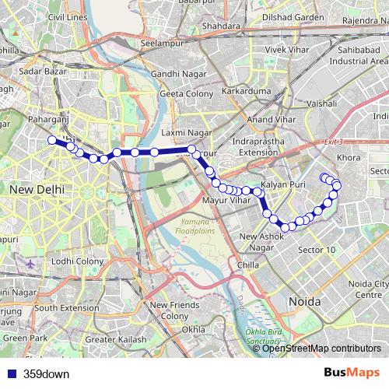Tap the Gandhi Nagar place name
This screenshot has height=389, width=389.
tap(178, 74)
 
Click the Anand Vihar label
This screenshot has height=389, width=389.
tap(267, 119)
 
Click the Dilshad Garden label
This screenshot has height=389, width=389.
tap(292, 16)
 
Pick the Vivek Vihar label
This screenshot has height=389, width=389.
tap(287, 50)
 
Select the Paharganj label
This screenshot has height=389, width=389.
tap(48, 121)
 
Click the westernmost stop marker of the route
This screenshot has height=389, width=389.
tap(52, 140)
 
